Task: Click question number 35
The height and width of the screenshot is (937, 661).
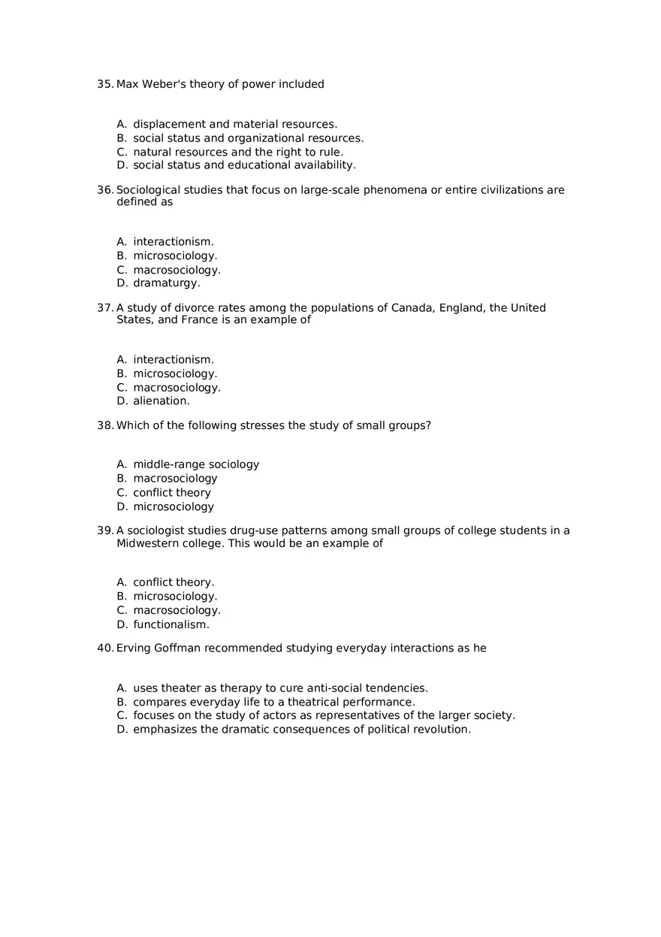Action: (x=104, y=84)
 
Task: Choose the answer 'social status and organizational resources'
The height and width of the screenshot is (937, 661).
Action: (x=248, y=138)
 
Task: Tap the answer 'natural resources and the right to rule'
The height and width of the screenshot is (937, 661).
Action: (x=238, y=152)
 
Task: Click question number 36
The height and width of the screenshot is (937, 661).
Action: (x=104, y=190)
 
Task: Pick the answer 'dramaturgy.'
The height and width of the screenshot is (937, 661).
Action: (x=167, y=283)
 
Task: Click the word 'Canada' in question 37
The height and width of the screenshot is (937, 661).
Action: (x=412, y=308)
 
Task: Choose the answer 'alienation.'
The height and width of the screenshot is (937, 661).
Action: (x=161, y=401)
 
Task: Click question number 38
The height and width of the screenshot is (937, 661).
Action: (x=104, y=425)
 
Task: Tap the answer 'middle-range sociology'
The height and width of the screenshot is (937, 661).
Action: (x=196, y=464)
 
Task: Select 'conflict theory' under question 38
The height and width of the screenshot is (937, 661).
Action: (x=172, y=493)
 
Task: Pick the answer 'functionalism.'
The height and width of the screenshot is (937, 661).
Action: (x=171, y=624)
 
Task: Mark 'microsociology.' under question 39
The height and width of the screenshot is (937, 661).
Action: (x=175, y=596)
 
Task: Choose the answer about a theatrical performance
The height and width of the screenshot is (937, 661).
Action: (x=273, y=702)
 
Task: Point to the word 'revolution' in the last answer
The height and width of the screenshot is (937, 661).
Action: (x=441, y=730)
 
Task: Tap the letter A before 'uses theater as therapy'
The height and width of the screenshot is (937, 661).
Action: (x=121, y=688)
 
